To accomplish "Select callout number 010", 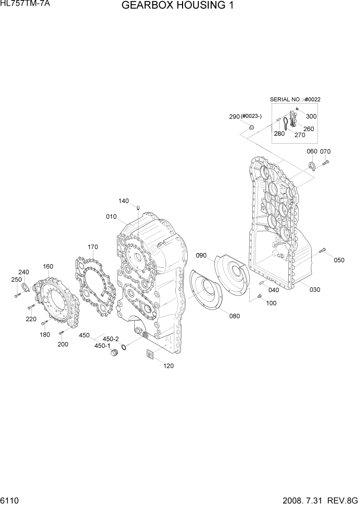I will coord(112,217).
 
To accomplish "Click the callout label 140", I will coord(124,201).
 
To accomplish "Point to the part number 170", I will coord(92,247).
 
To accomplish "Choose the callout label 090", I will coord(201,255).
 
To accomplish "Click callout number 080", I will coord(234,316).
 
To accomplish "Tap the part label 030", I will coord(314,290).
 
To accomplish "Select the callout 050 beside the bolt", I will coord(339,260).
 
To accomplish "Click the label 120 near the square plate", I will coord(169,366).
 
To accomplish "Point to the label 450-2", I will coord(111,339).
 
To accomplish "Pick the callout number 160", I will coord(48,266).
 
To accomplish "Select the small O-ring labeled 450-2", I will coord(125,348).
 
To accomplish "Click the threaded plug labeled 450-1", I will coord(114,355).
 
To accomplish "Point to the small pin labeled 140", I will coord(138,207).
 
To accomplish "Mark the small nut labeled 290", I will coord(251,127).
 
